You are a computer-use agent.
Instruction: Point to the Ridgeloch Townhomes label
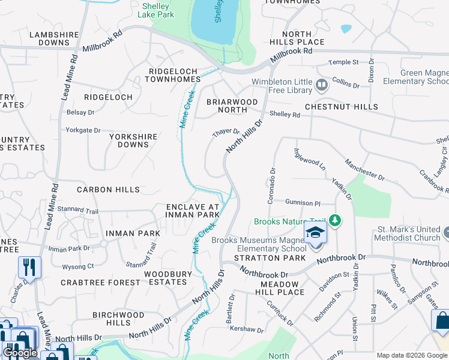tap(174, 75)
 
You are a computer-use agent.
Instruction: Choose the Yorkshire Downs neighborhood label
tap(133, 140)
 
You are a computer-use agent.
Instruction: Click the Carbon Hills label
tap(108, 190)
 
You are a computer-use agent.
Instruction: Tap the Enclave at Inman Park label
tap(193, 211)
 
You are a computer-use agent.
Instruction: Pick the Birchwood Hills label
tap(118, 319)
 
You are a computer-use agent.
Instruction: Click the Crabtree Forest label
tap(92, 282)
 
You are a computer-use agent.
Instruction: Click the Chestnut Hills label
tap(341, 107)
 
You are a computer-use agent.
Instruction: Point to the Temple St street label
tap(343, 62)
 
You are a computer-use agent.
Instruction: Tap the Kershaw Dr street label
tap(247, 330)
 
